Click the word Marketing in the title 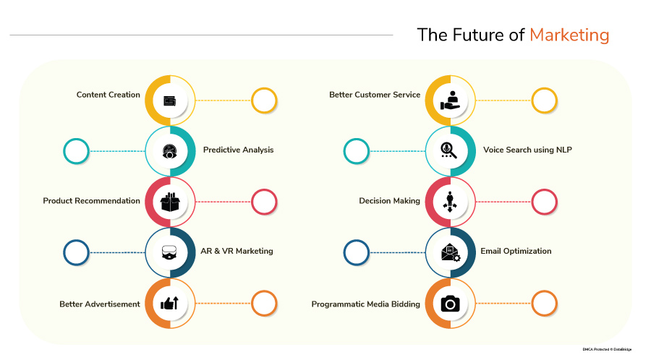coord(569,35)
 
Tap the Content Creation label coord(109,95)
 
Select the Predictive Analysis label coord(238,150)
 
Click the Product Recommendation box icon coord(170,202)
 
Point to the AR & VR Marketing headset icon coord(170,252)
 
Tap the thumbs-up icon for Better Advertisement coord(170,304)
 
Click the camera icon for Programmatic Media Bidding coord(450,304)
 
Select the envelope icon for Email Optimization coord(450,252)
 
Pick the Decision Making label coord(389,201)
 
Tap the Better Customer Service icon coord(450,100)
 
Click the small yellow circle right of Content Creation coord(264,100)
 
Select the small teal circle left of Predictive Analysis coord(76,151)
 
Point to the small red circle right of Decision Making coord(544,202)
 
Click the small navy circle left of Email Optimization coord(356,252)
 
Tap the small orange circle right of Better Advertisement coord(264,304)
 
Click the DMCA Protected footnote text coord(606,350)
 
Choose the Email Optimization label coord(516,252)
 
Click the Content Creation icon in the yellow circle coord(170,100)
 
